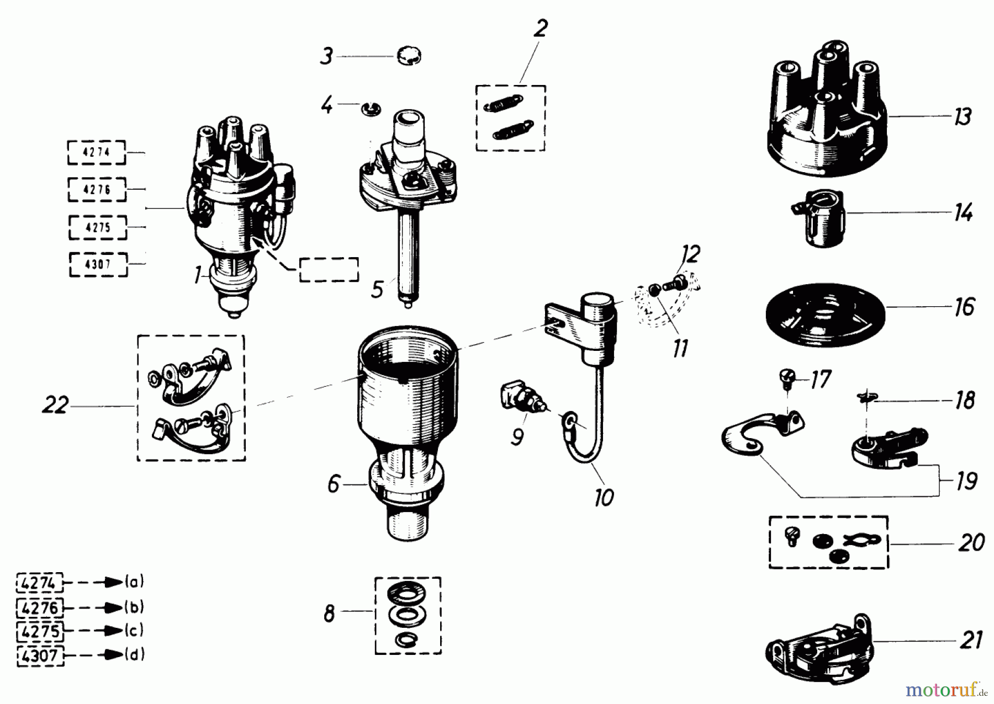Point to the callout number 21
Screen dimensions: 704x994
pyautogui.click(x=971, y=641)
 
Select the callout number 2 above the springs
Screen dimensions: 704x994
pyautogui.click(x=540, y=28)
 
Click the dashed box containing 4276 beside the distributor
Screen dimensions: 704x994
pyautogui.click(x=97, y=190)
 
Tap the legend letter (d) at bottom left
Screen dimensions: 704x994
pyautogui.click(x=134, y=655)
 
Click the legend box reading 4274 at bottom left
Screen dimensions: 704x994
pyautogui.click(x=40, y=583)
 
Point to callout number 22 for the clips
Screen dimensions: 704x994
pyautogui.click(x=55, y=406)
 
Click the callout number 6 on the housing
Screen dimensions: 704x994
pyautogui.click(x=333, y=484)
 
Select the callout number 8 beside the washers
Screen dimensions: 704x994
pyautogui.click(x=329, y=614)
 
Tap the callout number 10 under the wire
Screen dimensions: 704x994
pyautogui.click(x=604, y=498)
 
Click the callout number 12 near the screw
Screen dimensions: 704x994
pyautogui.click(x=690, y=254)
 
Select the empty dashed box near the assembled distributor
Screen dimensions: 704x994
pyautogui.click(x=329, y=270)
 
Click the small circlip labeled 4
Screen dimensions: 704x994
pyautogui.click(x=370, y=109)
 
